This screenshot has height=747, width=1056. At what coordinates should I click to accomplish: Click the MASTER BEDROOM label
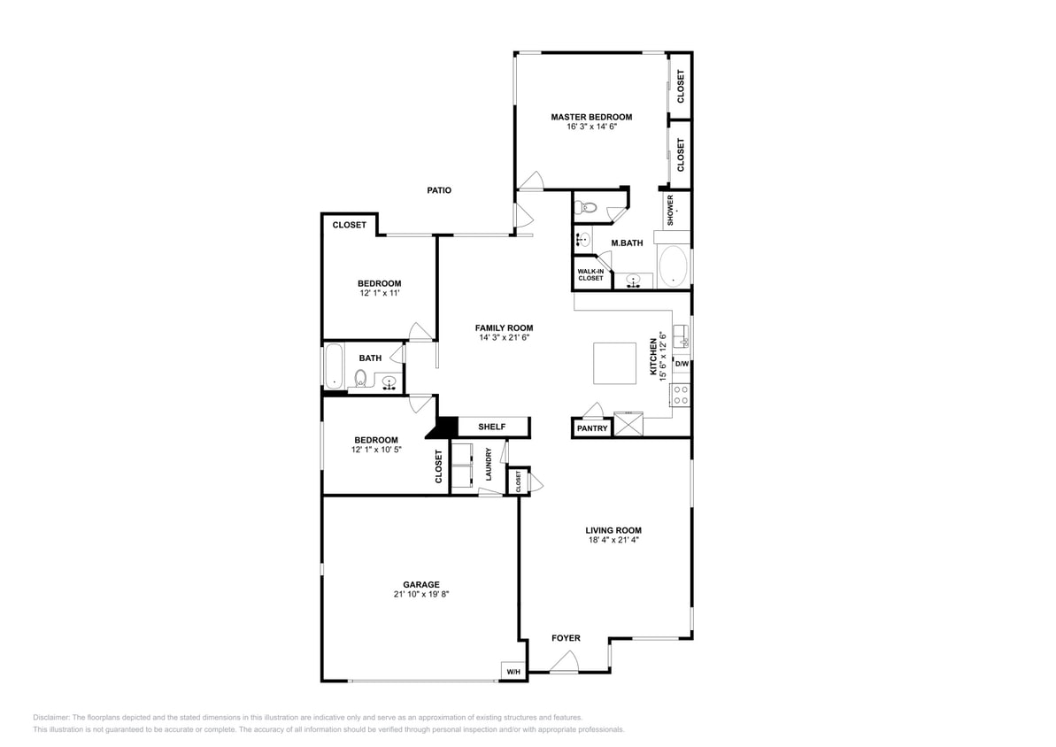click(x=591, y=117)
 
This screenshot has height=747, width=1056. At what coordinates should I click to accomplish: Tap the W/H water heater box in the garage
click(x=513, y=673)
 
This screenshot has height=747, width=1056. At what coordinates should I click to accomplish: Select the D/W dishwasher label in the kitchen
click(x=682, y=364)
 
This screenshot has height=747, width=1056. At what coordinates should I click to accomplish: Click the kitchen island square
click(x=614, y=363)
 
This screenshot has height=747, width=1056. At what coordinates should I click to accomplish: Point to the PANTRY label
click(x=592, y=428)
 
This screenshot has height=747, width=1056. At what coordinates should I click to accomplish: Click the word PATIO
click(x=439, y=190)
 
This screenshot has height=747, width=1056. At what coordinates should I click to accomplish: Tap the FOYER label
click(x=566, y=638)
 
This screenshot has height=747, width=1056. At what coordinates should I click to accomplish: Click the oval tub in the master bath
click(x=674, y=266)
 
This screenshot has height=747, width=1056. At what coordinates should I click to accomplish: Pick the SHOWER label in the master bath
click(x=670, y=211)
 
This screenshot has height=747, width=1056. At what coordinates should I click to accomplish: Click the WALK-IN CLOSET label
click(x=590, y=275)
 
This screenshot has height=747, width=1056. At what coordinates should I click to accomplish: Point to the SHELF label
click(x=491, y=427)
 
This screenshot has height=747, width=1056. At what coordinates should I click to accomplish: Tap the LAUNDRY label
click(x=489, y=465)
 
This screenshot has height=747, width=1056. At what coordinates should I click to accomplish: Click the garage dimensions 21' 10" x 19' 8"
click(x=421, y=595)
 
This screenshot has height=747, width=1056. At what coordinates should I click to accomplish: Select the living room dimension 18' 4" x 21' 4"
click(x=613, y=540)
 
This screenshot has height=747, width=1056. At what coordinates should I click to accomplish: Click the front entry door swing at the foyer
click(x=564, y=662)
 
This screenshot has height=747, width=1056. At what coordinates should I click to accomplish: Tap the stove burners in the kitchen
click(x=681, y=395)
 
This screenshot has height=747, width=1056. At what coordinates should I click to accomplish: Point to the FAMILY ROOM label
click(x=504, y=327)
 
